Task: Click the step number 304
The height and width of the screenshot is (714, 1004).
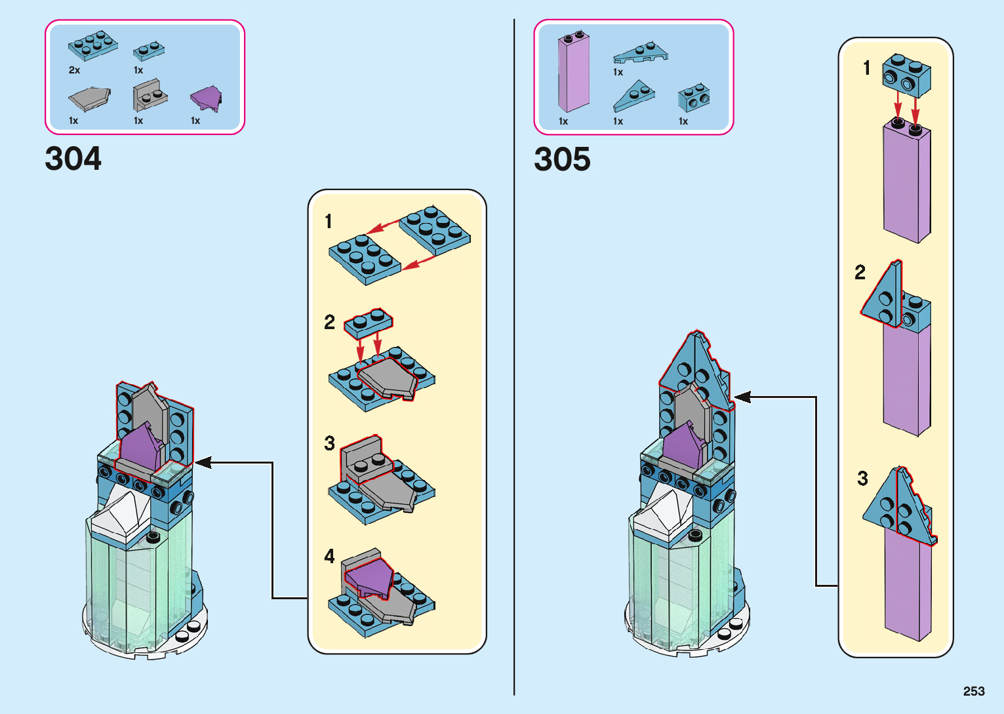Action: coord(73,159)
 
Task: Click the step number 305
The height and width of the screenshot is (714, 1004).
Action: coord(562,159)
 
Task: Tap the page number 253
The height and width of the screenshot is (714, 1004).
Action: coord(974,691)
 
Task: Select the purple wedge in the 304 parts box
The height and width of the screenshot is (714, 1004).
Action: coord(205,98)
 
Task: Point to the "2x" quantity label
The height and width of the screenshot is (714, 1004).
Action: coord(74,70)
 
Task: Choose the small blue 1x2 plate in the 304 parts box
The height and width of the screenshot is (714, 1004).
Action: coord(148,50)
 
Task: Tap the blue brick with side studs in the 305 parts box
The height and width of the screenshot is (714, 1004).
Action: coord(693,98)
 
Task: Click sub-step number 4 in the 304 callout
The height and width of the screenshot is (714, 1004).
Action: coord(329,556)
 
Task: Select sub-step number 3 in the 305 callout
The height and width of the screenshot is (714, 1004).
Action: coord(862,478)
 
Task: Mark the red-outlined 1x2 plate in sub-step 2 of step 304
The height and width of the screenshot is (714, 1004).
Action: coord(368,323)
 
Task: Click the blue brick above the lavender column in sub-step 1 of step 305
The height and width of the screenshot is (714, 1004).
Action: coord(906,75)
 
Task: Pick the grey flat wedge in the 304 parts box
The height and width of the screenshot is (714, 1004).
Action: coord(89,99)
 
